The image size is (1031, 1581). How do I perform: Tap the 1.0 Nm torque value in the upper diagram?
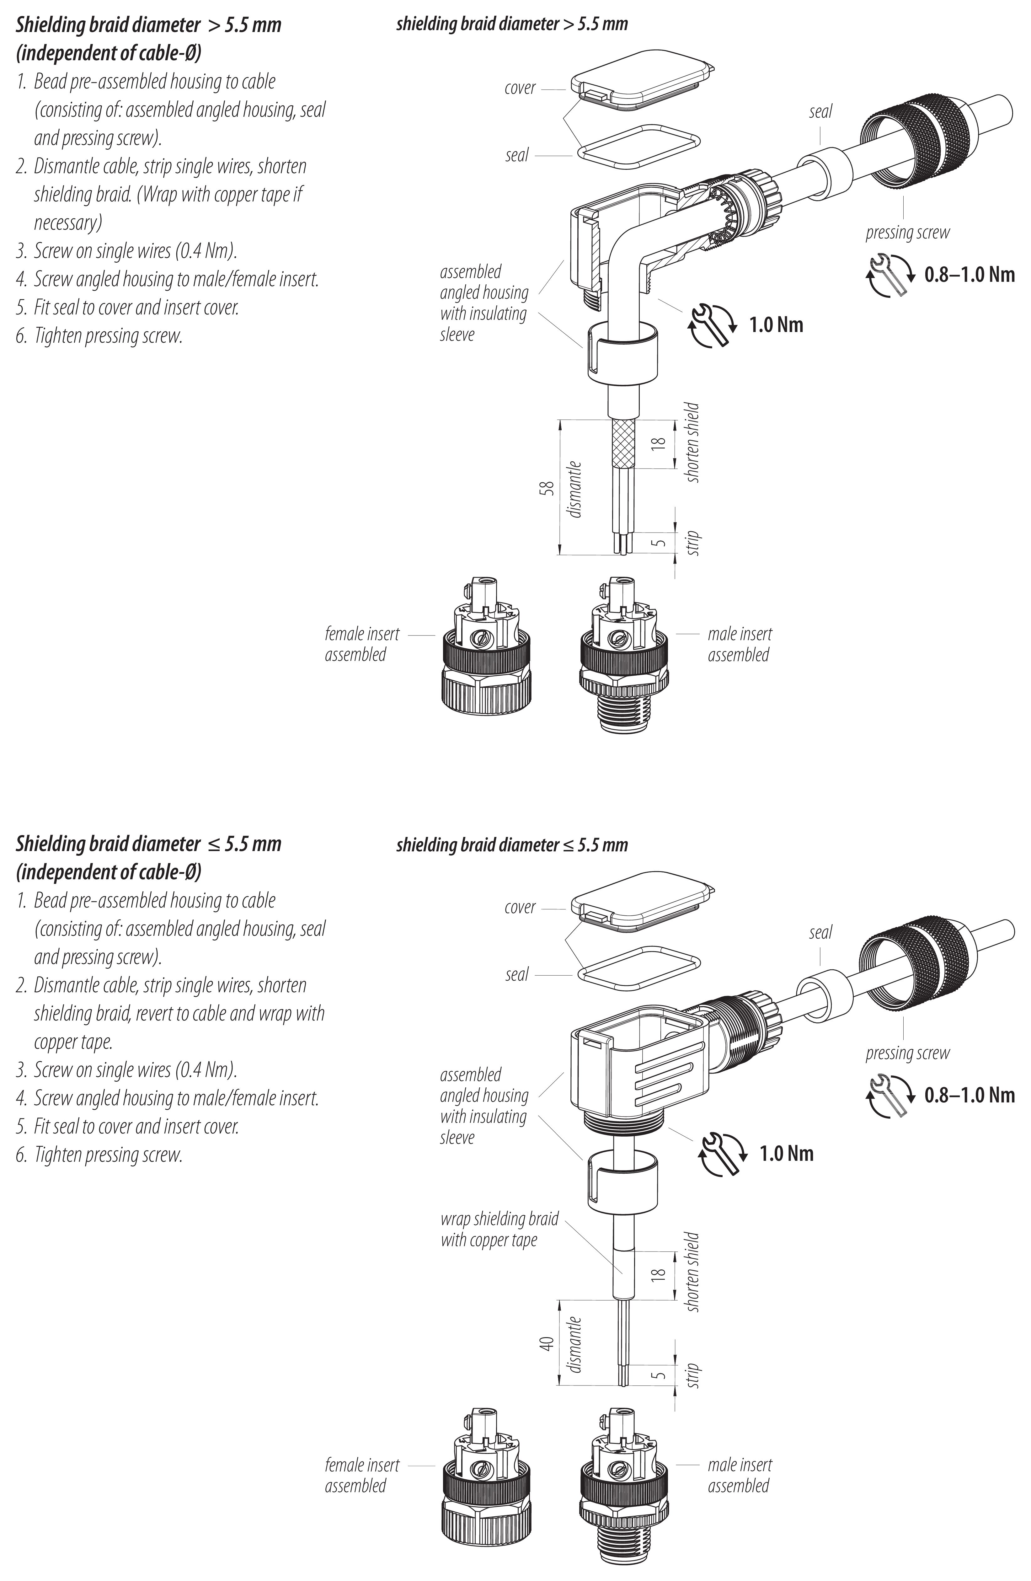point(776,325)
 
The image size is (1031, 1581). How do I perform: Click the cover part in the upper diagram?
point(641,80)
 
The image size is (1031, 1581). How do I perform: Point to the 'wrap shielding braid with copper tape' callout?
point(499,1229)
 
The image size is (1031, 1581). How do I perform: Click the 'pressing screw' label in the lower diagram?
point(907,1053)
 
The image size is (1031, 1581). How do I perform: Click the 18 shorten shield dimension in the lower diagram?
point(658,1274)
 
